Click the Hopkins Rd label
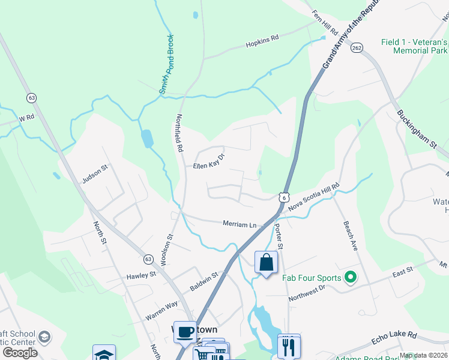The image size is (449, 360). tap(262, 42)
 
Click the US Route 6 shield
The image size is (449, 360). tap(283, 197)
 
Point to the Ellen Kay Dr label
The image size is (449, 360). tap(208, 161)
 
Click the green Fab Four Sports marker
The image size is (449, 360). tap(346, 277)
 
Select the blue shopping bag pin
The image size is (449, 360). tap(266, 263)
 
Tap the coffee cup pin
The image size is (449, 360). tap(185, 331)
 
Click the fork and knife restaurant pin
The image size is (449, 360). tap(289, 346)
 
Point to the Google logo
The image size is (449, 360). tap(20, 353)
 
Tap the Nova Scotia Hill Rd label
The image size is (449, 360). tap(314, 197)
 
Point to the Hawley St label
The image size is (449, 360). tap(141, 275)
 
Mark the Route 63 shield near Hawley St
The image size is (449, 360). tap(149, 259)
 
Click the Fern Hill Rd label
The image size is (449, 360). tap(325, 22)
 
